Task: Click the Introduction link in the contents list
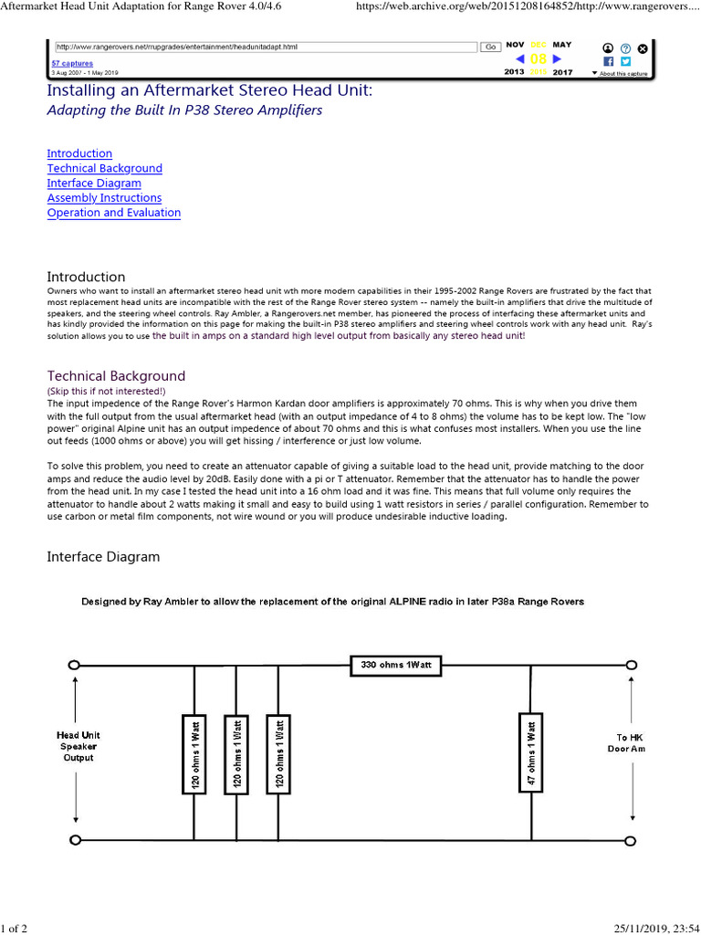(79, 154)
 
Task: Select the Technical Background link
(104, 169)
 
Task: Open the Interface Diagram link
(94, 184)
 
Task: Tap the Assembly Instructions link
(104, 198)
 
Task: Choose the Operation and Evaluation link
(113, 213)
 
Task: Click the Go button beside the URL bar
(489, 46)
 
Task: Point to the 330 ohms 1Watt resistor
(396, 666)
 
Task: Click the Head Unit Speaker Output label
(78, 746)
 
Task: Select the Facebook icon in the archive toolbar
(608, 61)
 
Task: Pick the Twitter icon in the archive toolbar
(625, 61)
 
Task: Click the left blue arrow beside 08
(519, 59)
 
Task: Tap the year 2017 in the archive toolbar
(562, 72)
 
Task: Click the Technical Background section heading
(116, 376)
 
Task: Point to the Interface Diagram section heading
(103, 556)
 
